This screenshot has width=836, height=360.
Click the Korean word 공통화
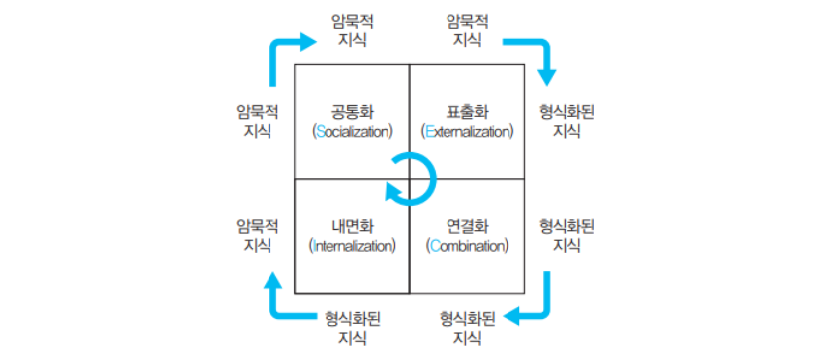[352, 113]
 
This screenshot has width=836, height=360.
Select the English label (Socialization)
[352, 132]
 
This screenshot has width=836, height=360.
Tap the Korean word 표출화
[467, 113]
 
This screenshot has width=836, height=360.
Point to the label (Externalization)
[467, 132]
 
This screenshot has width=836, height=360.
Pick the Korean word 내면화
[352, 228]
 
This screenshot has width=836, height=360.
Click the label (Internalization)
[352, 247]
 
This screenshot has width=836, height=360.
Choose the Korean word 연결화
[467, 228]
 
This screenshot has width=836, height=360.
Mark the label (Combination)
[467, 247]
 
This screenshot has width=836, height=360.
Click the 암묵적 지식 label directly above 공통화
[352, 30]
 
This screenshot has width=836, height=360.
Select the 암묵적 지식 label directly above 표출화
[467, 30]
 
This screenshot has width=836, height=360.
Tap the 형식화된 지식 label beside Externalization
[567, 122]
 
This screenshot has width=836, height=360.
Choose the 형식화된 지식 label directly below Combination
[467, 328]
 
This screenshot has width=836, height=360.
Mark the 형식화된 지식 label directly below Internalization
[352, 328]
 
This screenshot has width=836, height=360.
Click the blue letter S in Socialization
[320, 132]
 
